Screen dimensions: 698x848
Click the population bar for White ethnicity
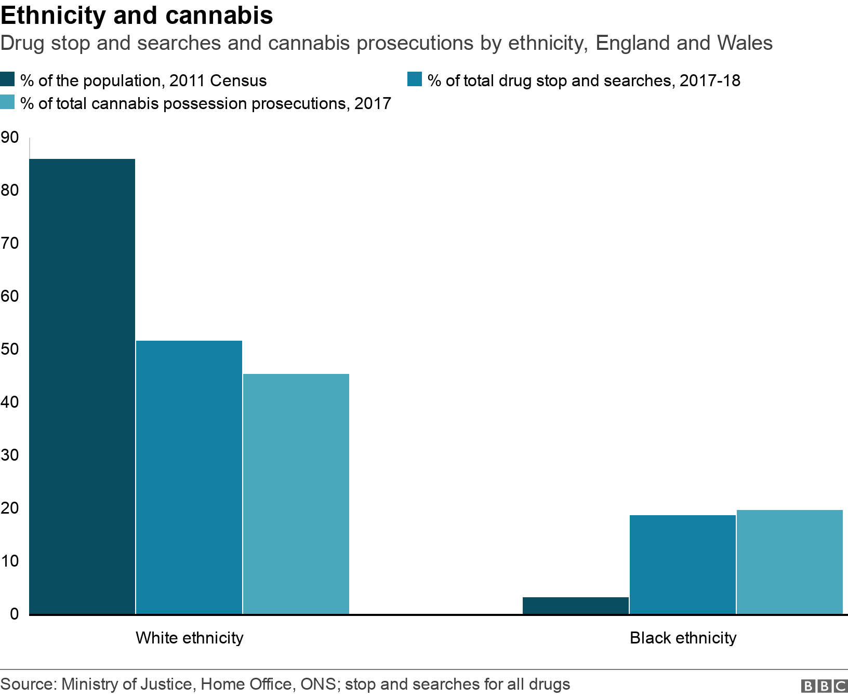82,387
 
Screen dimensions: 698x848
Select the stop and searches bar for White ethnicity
189,478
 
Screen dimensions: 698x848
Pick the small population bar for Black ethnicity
576,606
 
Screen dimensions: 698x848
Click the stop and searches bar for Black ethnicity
683,565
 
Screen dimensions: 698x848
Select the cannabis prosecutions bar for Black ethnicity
790,562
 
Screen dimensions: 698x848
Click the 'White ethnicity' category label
189,638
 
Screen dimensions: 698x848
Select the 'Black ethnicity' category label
683,638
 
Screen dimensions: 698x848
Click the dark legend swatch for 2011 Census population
8,80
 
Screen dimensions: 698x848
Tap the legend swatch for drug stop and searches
415,80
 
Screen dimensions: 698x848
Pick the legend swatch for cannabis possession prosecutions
8,103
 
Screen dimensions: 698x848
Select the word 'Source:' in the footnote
28,684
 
